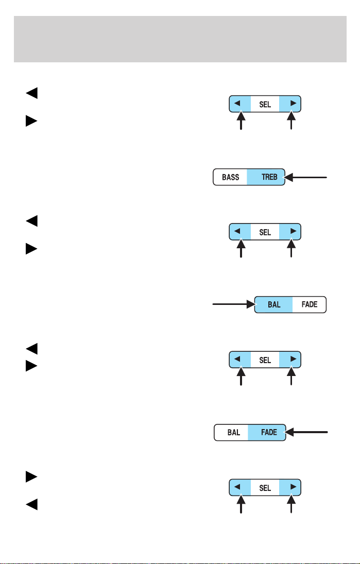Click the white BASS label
pyautogui.click(x=231, y=177)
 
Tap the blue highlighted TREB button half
pyautogui.click(x=266, y=177)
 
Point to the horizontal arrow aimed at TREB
pyautogui.click(x=306, y=177)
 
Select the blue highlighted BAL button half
pyautogui.click(x=273, y=304)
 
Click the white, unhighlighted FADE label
pyautogui.click(x=310, y=304)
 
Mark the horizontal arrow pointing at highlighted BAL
pyautogui.click(x=234, y=304)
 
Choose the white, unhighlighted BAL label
pyautogui.click(x=234, y=432)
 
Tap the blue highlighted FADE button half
pyautogui.click(x=267, y=432)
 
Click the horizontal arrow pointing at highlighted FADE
pyautogui.click(x=307, y=432)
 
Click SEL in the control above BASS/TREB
pyautogui.click(x=265, y=105)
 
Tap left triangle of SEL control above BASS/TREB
pyautogui.click(x=237, y=103)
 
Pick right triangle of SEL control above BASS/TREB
pyautogui.click(x=293, y=103)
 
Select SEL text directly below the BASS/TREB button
pyautogui.click(x=265, y=232)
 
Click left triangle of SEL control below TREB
pyautogui.click(x=237, y=231)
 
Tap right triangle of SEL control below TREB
pyautogui.click(x=293, y=231)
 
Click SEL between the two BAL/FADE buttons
pyautogui.click(x=265, y=360)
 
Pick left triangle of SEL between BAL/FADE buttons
pyautogui.click(x=237, y=359)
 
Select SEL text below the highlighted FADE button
pyautogui.click(x=265, y=488)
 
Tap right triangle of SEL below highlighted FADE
pyautogui.click(x=293, y=487)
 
